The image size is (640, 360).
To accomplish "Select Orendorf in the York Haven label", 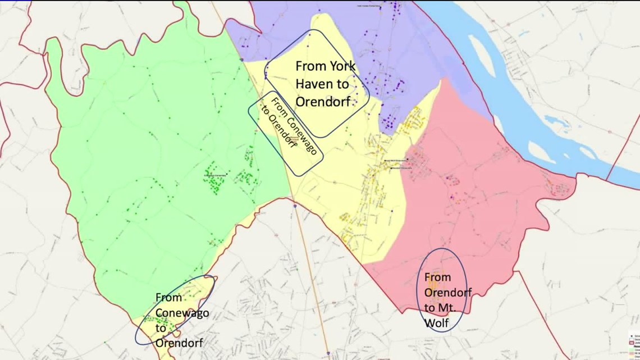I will pos(323,102).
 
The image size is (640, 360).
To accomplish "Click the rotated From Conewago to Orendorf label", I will pos(286,133).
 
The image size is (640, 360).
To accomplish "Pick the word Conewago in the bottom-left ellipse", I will pos(182,313).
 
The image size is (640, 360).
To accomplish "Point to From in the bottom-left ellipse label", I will pos(168,297).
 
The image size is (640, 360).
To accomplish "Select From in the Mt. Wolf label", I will pos(437,277).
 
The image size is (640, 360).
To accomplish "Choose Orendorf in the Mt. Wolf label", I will pos(448,292).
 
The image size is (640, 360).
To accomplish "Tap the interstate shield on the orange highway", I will pos(294,206).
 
